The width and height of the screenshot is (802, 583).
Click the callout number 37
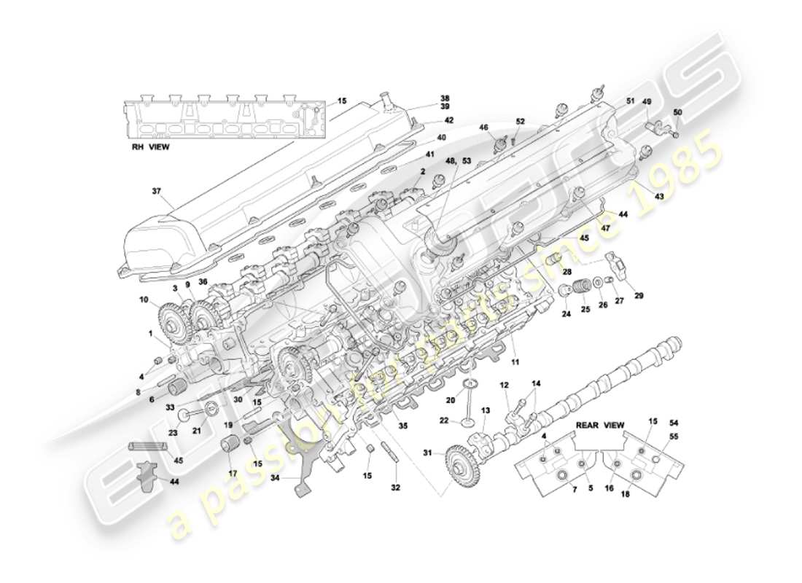pyautogui.click(x=155, y=192)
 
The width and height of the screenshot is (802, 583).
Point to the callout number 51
pyautogui.click(x=630, y=101)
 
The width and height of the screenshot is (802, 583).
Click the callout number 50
pyautogui.click(x=677, y=112)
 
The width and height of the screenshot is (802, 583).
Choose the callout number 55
pyautogui.click(x=673, y=437)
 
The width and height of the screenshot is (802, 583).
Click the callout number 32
pyautogui.click(x=396, y=487)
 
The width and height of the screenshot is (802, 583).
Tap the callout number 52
pyautogui.click(x=520, y=122)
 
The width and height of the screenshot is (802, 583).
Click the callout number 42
pyautogui.click(x=448, y=120)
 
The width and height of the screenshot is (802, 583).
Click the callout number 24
pyautogui.click(x=565, y=315)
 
